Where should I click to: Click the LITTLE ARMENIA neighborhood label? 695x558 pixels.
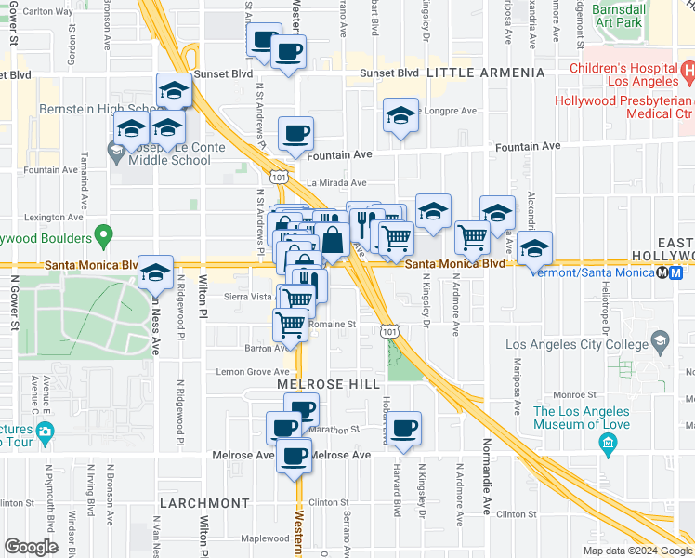[485, 73]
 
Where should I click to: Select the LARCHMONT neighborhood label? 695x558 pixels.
[204, 503]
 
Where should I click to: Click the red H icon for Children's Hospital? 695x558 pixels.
[687, 71]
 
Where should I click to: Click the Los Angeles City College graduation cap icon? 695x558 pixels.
[660, 339]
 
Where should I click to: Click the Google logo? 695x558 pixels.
[32, 547]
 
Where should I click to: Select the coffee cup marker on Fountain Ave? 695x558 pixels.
[295, 133]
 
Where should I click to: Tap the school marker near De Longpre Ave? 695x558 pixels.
[400, 114]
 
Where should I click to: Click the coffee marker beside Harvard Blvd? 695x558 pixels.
[403, 428]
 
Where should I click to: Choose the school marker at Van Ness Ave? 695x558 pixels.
[156, 272]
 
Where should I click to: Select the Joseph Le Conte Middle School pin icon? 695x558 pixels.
[116, 149]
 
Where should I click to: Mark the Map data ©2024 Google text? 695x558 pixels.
[637, 551]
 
